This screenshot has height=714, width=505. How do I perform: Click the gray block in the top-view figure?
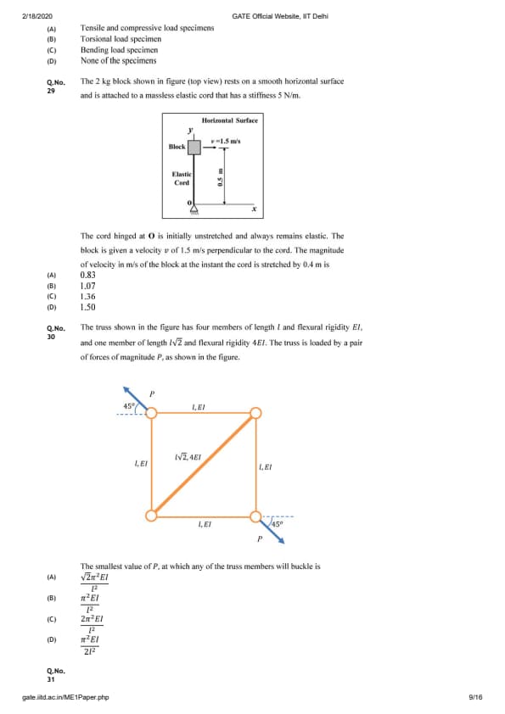(194, 147)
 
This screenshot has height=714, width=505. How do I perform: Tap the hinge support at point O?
(194, 209)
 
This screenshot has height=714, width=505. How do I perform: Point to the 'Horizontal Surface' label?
(230, 120)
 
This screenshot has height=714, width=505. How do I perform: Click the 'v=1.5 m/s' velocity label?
(226, 141)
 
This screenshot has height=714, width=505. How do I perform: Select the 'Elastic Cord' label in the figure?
(182, 178)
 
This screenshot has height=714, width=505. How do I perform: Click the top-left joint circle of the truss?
(151, 413)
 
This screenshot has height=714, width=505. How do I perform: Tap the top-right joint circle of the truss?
(256, 413)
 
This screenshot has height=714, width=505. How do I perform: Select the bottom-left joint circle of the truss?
(151, 516)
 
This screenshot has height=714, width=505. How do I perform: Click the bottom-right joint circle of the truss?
(256, 516)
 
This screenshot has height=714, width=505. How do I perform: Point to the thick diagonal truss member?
(204, 465)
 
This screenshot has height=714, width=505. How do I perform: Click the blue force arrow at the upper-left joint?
(135, 398)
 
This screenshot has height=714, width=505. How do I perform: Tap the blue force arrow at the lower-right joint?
(272, 531)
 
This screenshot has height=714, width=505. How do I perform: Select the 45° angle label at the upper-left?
(129, 406)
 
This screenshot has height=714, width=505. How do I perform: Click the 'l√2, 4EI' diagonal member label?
(188, 456)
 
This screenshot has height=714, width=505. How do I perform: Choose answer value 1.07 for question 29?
(88, 286)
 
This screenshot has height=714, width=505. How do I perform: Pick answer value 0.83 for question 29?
(88, 275)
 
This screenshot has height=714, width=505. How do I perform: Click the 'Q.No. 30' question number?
(56, 332)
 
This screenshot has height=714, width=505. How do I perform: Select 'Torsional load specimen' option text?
(121, 39)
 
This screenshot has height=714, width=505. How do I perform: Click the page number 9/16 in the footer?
(475, 697)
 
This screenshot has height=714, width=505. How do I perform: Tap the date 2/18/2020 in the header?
(37, 16)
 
